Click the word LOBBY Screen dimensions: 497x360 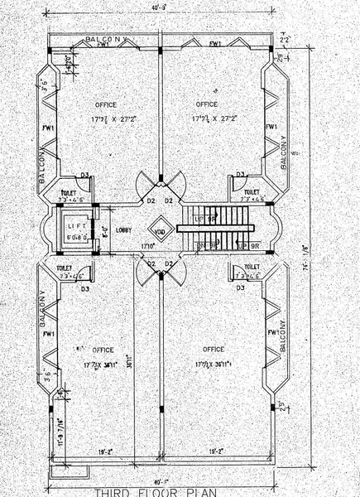tap(124, 230)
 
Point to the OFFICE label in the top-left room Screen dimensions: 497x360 tap(106, 104)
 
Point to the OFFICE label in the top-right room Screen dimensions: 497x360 tap(206, 104)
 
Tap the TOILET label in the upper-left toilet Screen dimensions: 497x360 tap(68, 191)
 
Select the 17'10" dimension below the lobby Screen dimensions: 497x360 tap(149, 247)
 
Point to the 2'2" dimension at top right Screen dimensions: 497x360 tap(285, 39)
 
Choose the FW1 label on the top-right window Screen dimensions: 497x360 tap(215, 43)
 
